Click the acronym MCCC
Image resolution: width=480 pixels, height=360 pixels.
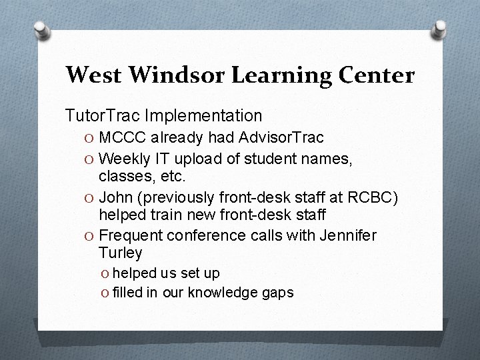(123, 137)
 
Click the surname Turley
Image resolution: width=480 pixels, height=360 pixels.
(120, 253)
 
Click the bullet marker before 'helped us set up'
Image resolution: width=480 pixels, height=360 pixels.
(106, 273)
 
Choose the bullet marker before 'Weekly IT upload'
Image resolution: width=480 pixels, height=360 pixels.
(89, 158)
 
